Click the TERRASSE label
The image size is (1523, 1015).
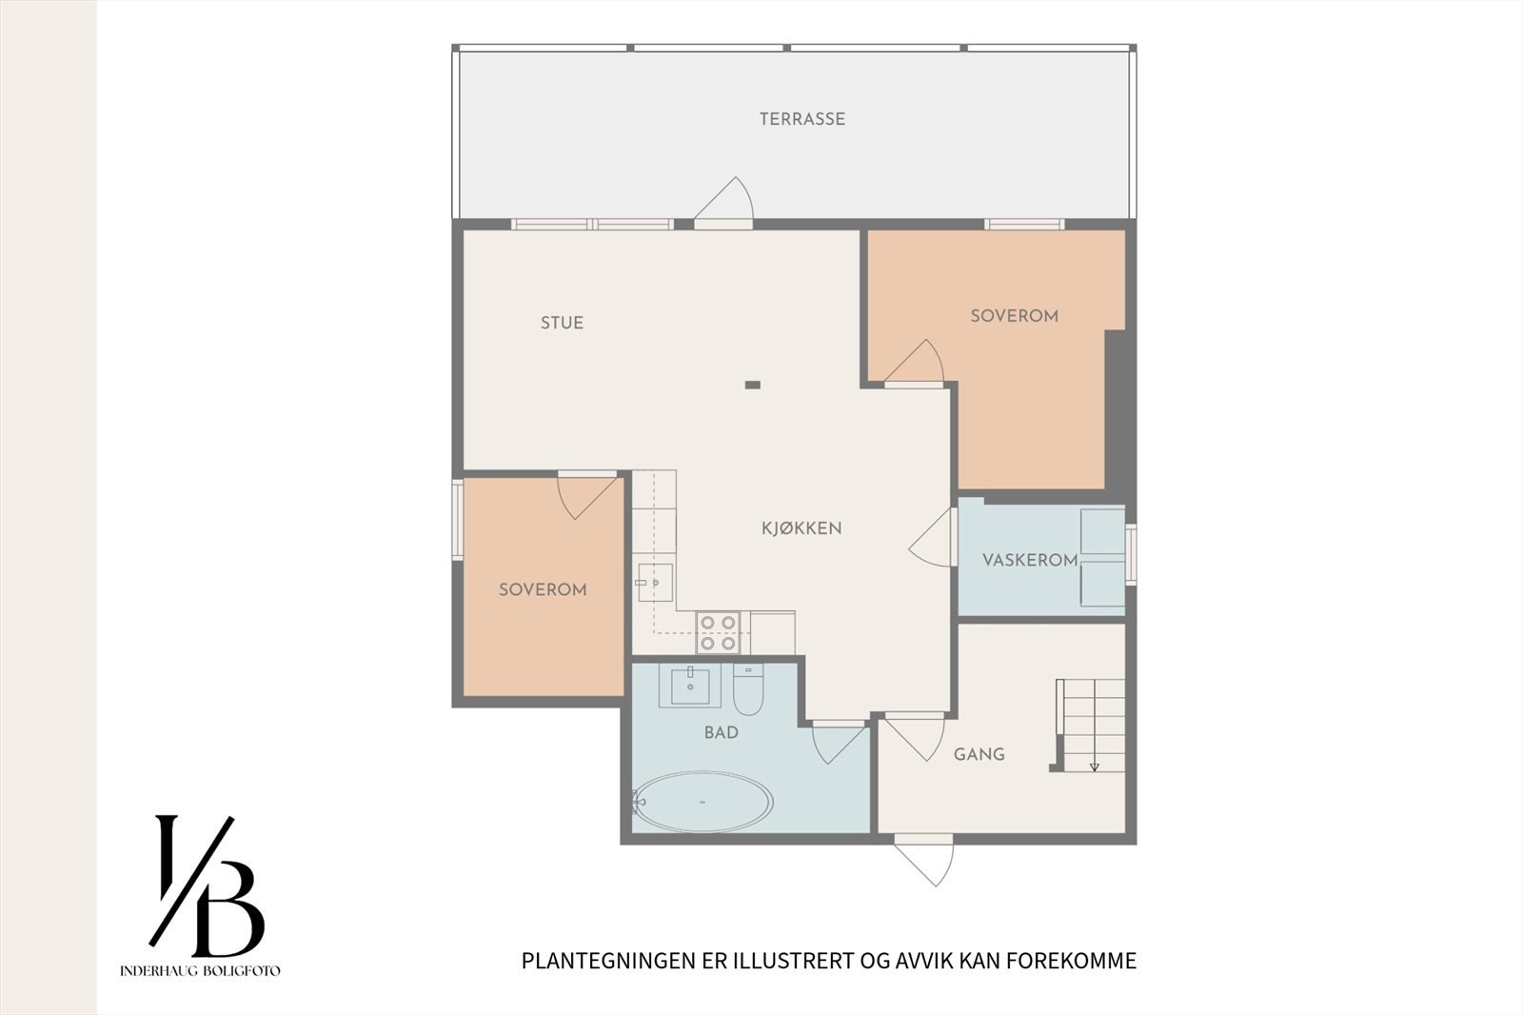click(x=801, y=119)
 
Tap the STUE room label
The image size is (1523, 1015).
click(x=562, y=323)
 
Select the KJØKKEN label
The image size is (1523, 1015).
click(x=801, y=528)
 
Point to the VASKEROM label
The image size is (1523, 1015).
click(x=1030, y=560)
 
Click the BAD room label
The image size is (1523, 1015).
click(x=721, y=732)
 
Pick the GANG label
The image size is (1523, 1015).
click(x=979, y=754)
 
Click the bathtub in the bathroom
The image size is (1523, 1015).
click(x=702, y=802)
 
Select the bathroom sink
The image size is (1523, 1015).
click(x=690, y=685)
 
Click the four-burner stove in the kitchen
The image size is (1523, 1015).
click(x=719, y=633)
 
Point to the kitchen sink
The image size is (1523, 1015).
click(x=655, y=582)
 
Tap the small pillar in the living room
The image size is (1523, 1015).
click(x=752, y=385)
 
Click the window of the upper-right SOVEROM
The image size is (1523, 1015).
click(x=1023, y=225)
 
